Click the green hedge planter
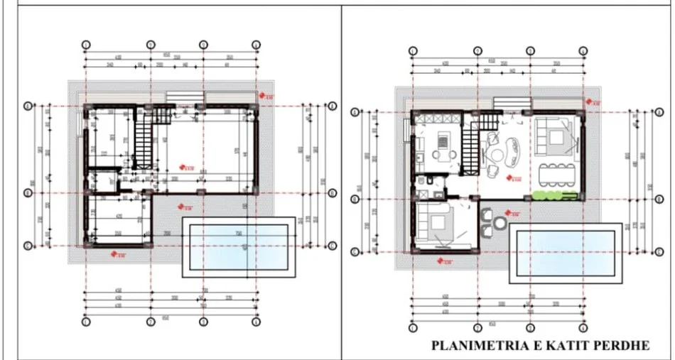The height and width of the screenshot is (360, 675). tap(550, 194)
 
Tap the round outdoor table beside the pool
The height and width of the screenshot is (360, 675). tap(501, 222)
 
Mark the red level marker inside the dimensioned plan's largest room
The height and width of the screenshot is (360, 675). tap(188, 168)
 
